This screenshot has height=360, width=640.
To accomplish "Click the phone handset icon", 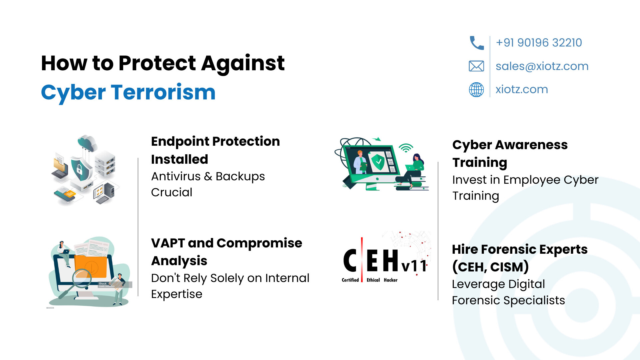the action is (x=477, y=43).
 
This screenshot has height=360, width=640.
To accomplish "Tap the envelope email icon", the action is (x=476, y=66).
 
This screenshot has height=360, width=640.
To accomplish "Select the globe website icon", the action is (x=476, y=89).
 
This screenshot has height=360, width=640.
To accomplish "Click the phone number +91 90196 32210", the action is (x=539, y=43).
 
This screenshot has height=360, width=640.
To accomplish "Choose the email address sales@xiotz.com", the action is (x=542, y=66).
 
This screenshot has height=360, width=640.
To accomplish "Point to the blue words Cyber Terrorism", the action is (x=128, y=92).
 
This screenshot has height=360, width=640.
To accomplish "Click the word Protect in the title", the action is (x=157, y=63).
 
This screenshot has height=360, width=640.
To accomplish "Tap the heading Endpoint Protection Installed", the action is (x=215, y=150).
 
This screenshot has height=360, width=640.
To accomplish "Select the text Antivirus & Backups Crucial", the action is (x=208, y=184).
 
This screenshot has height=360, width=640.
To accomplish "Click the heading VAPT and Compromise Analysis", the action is (x=227, y=252).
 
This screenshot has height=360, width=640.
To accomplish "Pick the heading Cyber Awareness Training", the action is (x=510, y=154).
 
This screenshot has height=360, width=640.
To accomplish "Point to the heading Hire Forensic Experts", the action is (x=520, y=249).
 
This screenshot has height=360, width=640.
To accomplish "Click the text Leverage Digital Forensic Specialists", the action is (x=508, y=292).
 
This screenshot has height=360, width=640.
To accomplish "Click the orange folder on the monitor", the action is (x=91, y=266).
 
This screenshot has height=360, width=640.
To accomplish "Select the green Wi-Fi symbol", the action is (x=406, y=148).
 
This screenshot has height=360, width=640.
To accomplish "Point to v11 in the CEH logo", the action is (x=414, y=266).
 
